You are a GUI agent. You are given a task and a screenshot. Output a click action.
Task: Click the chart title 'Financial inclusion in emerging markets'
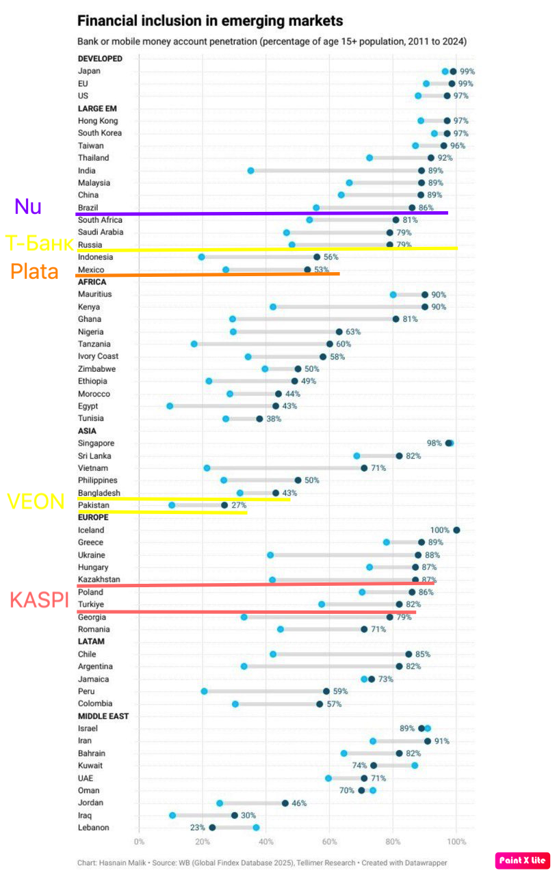coord(210,21)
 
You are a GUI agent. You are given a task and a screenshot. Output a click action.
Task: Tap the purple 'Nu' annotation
coord(28,206)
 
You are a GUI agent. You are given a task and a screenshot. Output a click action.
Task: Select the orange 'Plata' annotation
coord(34,271)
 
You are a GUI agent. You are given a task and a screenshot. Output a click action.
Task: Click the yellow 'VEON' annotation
coord(36,501)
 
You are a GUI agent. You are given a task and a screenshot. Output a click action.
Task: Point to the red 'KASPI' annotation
coord(39,600)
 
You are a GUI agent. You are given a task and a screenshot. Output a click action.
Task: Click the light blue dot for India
coord(250,170)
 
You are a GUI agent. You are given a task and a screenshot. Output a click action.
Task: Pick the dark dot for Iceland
coord(456,530)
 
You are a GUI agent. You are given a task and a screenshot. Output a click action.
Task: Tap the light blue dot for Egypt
coord(170,406)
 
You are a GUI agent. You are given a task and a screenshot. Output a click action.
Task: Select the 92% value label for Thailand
coord(445,158)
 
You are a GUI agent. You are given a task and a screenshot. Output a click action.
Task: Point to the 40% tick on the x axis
coord(266,842)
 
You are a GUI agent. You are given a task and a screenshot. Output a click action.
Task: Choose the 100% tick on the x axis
coord(456,842)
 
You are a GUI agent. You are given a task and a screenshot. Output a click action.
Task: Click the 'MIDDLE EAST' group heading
coord(103,716)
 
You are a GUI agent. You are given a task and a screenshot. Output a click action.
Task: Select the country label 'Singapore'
coord(96,443)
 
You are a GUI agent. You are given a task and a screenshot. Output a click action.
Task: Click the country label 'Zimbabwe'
coord(96,368)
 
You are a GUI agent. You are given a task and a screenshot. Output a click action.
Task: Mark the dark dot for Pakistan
coord(224,505)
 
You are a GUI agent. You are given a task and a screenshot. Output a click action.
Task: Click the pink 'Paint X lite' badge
coord(523,860)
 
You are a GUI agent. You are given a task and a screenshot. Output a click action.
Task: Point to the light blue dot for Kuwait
coord(415,766)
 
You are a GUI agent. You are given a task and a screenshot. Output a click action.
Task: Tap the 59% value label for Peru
coord(340,691)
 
